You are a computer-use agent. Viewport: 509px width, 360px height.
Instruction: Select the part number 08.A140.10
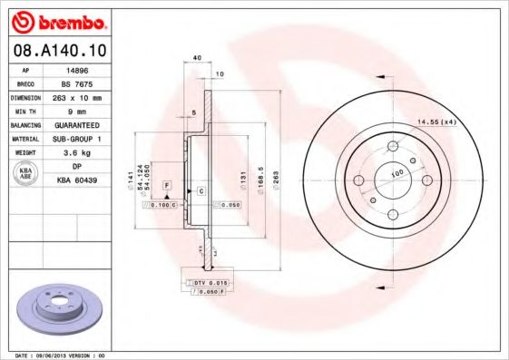click(x=58, y=50)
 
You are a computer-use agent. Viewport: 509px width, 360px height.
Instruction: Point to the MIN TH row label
click(x=24, y=110)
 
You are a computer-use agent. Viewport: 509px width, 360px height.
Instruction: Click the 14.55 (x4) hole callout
click(x=435, y=122)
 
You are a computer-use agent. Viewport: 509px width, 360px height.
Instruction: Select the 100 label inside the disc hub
click(x=396, y=172)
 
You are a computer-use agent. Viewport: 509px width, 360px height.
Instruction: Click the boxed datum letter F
click(x=167, y=185)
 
